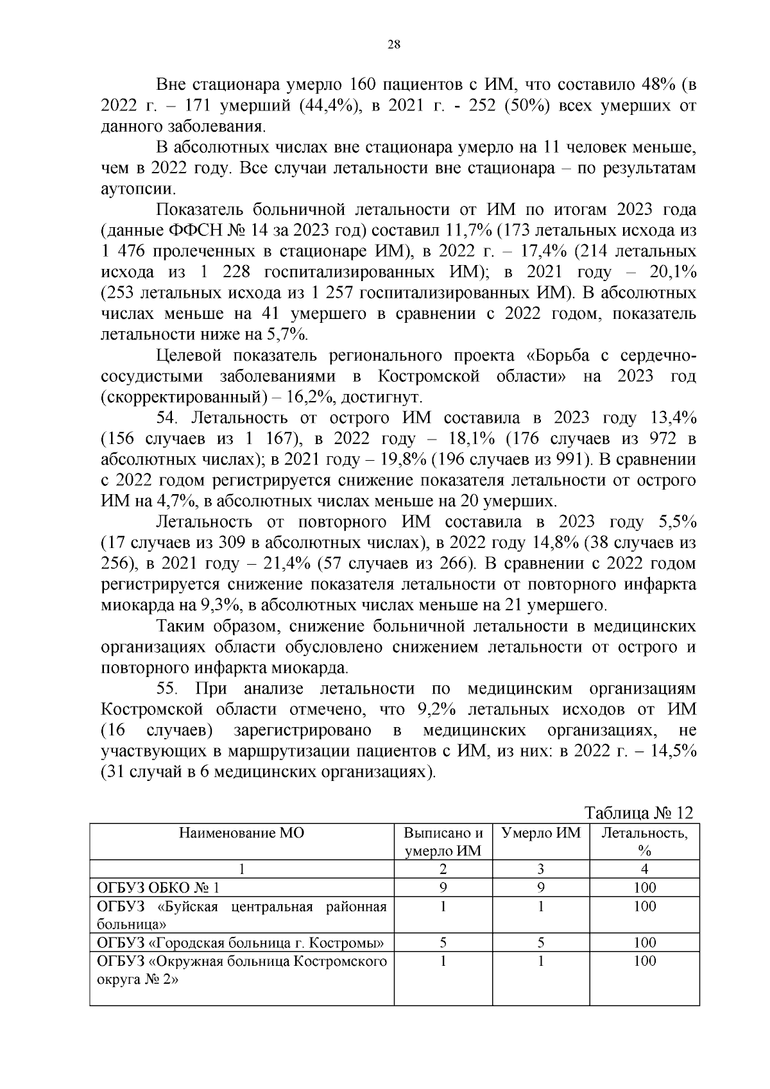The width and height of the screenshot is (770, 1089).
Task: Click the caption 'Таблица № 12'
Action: [x=639, y=812]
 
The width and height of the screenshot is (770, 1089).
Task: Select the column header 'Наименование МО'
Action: [x=241, y=833]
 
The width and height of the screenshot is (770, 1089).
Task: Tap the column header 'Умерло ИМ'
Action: [x=540, y=833]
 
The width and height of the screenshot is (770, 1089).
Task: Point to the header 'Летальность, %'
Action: [x=644, y=841]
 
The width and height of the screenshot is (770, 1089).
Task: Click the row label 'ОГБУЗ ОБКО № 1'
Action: [x=158, y=887]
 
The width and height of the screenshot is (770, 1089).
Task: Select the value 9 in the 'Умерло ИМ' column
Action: [x=541, y=887]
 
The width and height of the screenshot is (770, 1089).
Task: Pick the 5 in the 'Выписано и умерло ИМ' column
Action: [x=443, y=942]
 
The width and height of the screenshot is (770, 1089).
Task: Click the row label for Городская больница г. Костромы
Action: [x=241, y=942]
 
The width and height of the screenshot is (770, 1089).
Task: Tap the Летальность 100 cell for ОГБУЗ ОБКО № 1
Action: [x=644, y=887]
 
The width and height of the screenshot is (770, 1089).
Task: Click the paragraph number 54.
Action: [x=166, y=418]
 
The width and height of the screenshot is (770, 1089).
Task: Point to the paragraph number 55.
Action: [x=166, y=689]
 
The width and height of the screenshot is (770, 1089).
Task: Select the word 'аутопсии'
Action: [x=137, y=189]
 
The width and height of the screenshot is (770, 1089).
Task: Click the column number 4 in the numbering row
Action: [x=644, y=869]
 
